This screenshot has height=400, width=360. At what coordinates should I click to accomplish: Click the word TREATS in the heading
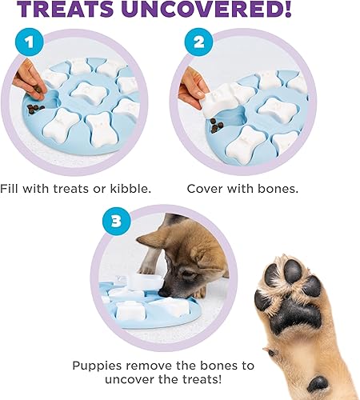[x=84, y=11]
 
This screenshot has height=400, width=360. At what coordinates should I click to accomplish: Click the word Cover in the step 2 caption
[x=206, y=190]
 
